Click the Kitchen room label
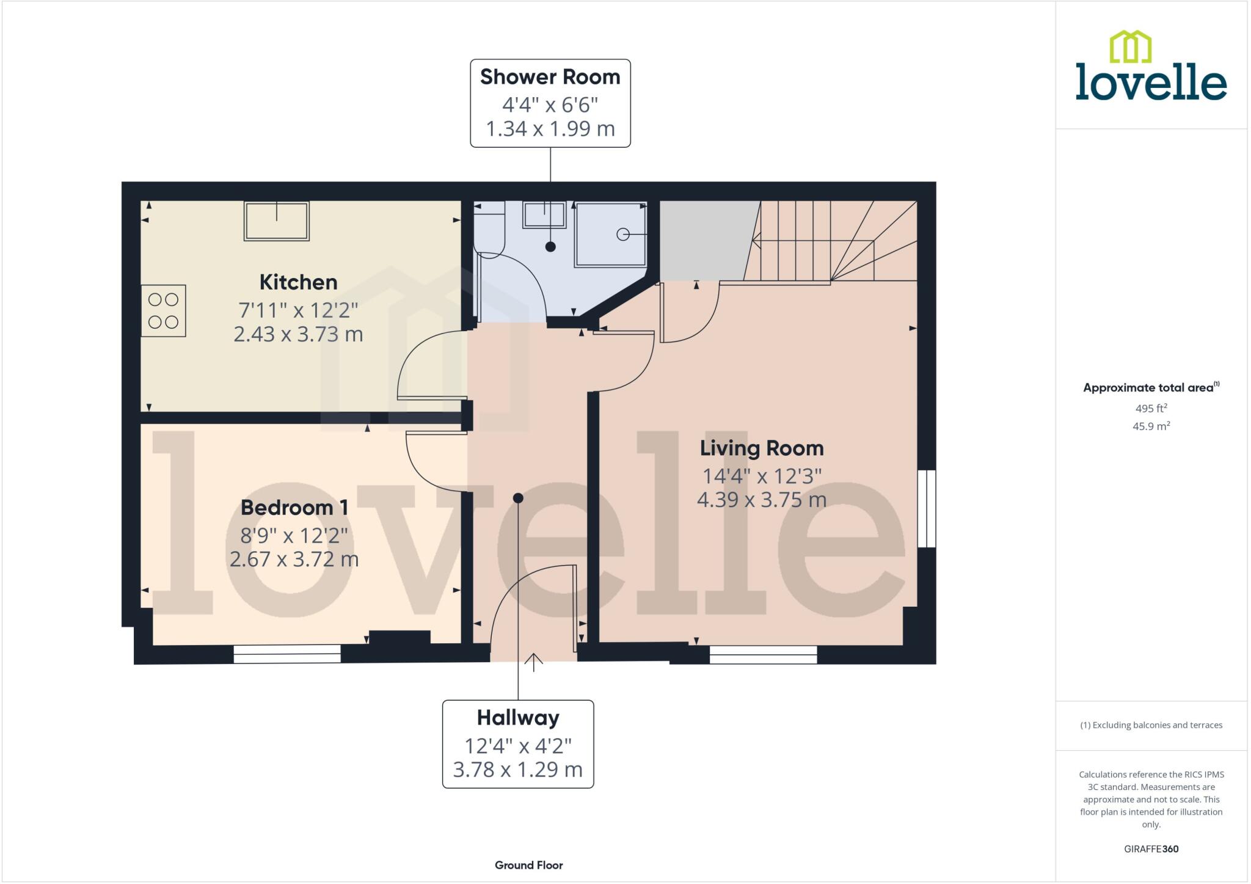pos(298,282)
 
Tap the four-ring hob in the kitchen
pos(163,310)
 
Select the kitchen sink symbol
pos(276,221)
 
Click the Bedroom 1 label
pos(294,507)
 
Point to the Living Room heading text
pos(761,448)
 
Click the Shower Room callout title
pos(550,77)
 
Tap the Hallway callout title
pos(518,717)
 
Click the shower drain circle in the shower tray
pos(622,234)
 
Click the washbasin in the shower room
pos(544,215)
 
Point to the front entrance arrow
pos(533,662)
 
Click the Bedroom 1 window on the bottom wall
pos(286,654)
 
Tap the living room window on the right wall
pos(927,508)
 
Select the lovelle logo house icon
pos(1130,47)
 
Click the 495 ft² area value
pos(1151,408)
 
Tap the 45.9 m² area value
pos(1151,426)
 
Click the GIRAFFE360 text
pos(1151,849)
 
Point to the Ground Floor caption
pos(528,865)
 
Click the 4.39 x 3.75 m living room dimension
pos(761,500)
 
